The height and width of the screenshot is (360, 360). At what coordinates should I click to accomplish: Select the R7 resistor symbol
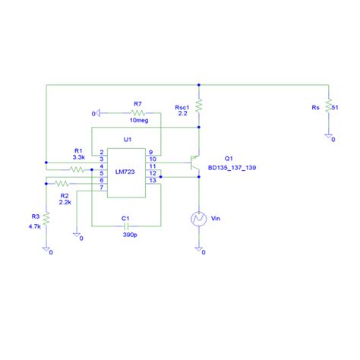coord(137,112)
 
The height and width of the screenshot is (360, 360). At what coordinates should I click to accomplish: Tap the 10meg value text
coord(138,121)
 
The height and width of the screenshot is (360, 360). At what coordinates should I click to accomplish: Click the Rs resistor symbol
coord(329,107)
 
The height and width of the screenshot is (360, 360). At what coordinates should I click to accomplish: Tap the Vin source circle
coord(199,219)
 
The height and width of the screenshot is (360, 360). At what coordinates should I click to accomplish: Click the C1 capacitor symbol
coord(127,226)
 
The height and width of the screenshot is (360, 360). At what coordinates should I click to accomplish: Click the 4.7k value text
coord(34,226)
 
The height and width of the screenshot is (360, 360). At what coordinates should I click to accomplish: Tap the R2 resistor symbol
coord(61,183)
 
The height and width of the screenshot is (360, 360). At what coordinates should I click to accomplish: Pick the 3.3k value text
coord(78,156)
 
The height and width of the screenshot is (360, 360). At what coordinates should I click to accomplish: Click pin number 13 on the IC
coord(152,182)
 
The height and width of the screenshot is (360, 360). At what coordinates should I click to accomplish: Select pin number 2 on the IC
coord(101,152)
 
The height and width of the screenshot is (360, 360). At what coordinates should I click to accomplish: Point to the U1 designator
coord(127,140)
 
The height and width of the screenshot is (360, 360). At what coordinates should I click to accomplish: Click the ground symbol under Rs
coord(329,137)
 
